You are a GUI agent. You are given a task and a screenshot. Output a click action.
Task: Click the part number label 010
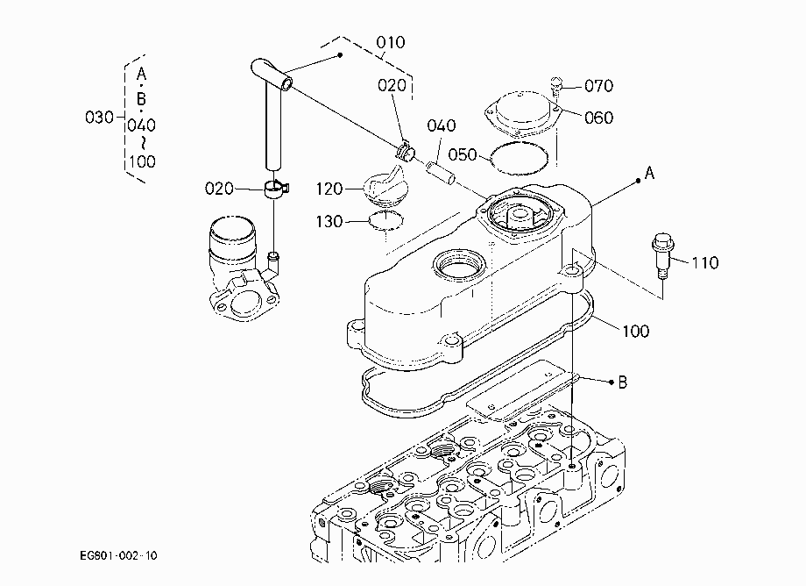pos(391,42)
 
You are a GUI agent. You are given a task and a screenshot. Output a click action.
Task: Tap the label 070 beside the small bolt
pos(599,85)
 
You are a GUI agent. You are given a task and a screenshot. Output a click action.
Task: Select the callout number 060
pos(599,118)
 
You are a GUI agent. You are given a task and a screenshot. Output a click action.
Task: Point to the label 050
pos(463,155)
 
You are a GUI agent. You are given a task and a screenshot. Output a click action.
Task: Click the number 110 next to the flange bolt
pos(704,263)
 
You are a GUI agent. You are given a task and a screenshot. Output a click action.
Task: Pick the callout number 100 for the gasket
pos(636,331)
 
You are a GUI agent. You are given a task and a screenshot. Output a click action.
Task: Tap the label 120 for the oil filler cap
pos(329,189)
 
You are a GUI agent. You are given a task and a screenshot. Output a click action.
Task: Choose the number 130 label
pos(329,222)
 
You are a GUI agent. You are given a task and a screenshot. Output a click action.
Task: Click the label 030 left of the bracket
pos(99,118)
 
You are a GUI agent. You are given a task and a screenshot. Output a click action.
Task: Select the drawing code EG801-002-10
pos(119,555)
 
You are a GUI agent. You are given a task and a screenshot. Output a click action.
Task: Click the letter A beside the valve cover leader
pos(650,174)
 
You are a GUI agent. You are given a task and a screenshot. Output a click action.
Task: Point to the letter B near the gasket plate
pos(623,382)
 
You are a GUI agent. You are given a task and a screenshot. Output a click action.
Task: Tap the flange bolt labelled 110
pos(662,254)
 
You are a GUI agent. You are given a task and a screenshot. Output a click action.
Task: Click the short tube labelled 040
pos(440,172)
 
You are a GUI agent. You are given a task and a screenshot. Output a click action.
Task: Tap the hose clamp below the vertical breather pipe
pos(277,189)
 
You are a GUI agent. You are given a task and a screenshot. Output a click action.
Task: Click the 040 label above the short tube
pos(442,125)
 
